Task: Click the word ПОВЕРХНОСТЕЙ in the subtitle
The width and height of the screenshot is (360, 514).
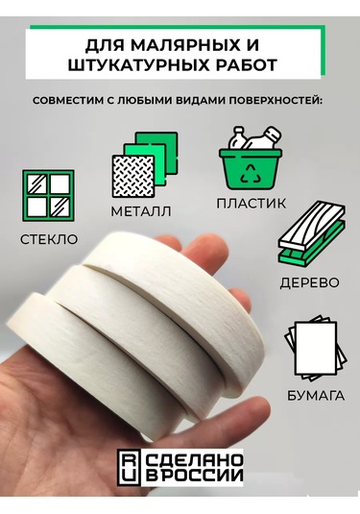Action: tap(274, 101)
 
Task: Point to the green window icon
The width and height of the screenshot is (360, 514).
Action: tap(48, 195)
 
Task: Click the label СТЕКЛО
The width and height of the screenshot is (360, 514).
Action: tap(49, 239)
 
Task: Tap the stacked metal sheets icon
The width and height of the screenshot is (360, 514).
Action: tap(145, 165)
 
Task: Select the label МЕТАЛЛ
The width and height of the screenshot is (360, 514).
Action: tap(141, 211)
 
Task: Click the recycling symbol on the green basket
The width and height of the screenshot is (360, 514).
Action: tap(251, 173)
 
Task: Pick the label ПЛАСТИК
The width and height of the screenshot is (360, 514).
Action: tap(251, 204)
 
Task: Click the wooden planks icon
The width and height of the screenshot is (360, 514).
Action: tap(312, 233)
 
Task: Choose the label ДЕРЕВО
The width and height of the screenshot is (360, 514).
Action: tap(309, 282)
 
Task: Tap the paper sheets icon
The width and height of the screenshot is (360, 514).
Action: tap(315, 348)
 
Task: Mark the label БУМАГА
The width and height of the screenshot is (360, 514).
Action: tap(316, 396)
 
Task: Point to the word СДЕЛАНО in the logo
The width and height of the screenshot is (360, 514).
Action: tap(194, 460)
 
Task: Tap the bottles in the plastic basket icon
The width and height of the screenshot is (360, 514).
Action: tap(254, 138)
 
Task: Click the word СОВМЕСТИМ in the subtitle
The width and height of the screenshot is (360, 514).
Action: tap(67, 101)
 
